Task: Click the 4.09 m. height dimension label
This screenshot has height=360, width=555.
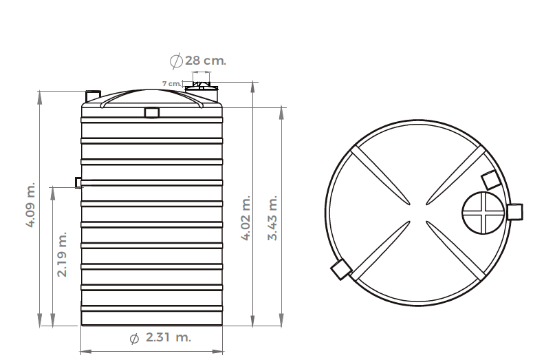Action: point(31,205)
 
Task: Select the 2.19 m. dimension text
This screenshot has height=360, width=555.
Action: point(62,254)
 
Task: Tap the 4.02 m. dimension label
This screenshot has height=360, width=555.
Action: point(246,218)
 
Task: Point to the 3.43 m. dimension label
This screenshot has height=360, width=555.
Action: point(272,218)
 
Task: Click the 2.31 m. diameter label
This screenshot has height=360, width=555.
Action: point(168,337)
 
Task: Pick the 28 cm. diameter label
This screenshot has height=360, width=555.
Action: point(206,61)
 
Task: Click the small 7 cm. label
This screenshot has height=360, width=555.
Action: point(171,83)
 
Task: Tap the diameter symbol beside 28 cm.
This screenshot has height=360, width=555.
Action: point(176,61)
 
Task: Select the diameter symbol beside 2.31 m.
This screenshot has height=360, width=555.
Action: point(134,339)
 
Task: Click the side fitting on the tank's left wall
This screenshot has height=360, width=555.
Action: point(78,182)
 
